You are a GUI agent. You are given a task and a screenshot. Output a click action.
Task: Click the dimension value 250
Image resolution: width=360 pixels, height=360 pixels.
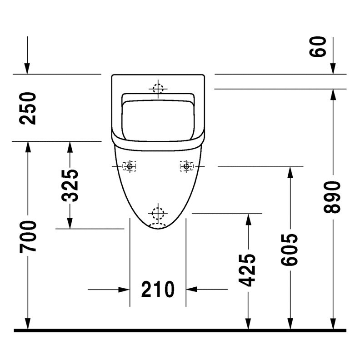(x=28, y=108)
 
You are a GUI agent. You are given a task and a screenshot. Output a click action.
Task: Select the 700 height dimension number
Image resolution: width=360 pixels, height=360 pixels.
(x=28, y=237)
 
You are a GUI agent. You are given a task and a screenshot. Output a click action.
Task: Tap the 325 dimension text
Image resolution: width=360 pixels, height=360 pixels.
(x=70, y=185)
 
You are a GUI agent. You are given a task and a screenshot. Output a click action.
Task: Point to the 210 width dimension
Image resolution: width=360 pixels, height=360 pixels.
(x=158, y=289)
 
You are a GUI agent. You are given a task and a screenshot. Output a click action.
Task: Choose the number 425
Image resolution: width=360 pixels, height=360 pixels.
(x=247, y=270)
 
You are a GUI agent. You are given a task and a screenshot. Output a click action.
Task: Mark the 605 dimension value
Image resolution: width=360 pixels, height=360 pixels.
(x=289, y=250)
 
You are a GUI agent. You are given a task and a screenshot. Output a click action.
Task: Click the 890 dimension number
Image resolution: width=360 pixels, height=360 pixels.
(x=332, y=197)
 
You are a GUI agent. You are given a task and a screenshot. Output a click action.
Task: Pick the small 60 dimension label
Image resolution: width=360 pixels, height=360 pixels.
(x=318, y=46)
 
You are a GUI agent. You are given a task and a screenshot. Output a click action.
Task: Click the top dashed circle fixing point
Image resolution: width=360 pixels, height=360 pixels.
(x=158, y=89)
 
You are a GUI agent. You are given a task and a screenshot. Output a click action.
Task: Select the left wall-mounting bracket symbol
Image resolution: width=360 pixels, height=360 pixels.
(x=129, y=166)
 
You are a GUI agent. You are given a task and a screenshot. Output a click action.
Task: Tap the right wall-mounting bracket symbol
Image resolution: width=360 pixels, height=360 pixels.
(x=187, y=166)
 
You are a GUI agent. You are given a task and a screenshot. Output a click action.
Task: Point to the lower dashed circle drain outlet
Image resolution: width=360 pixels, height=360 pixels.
(x=158, y=213)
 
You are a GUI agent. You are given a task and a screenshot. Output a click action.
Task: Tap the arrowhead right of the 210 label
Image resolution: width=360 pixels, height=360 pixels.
(x=192, y=289)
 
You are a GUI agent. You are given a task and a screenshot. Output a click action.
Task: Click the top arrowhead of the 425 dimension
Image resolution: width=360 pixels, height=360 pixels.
(x=248, y=220)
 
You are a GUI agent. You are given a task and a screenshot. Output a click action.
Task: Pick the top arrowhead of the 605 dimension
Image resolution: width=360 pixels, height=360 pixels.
(x=290, y=173)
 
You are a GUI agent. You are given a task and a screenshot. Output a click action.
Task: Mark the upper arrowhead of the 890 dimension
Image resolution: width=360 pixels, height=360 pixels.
(x=333, y=95)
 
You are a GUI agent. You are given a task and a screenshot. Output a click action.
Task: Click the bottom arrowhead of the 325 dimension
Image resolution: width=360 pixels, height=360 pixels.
(x=70, y=223)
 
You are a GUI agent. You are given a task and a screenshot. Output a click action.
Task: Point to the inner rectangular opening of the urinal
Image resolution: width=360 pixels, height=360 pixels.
(x=158, y=120)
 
